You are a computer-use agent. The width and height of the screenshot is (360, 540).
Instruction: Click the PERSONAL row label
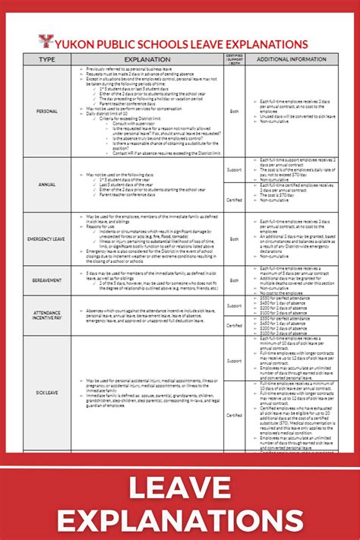click(46, 111)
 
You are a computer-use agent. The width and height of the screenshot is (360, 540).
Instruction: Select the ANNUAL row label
click(46, 184)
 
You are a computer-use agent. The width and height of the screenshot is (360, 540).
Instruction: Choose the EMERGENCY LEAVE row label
click(46, 239)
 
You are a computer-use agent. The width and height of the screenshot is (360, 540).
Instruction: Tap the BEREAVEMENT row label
click(46, 280)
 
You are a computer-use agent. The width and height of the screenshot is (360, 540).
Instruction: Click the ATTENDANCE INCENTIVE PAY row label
click(46, 314)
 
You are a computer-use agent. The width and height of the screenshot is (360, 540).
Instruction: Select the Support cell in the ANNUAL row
click(235, 170)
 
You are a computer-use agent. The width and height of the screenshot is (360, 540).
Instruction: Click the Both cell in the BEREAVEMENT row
click(235, 280)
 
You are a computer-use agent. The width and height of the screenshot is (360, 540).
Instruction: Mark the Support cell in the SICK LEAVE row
click(235, 361)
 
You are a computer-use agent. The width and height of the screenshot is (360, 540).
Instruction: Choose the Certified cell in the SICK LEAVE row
click(235, 415)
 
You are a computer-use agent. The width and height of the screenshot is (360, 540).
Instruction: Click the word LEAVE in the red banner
click(180, 487)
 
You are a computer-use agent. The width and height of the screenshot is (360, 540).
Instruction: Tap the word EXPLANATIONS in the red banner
click(180, 519)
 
